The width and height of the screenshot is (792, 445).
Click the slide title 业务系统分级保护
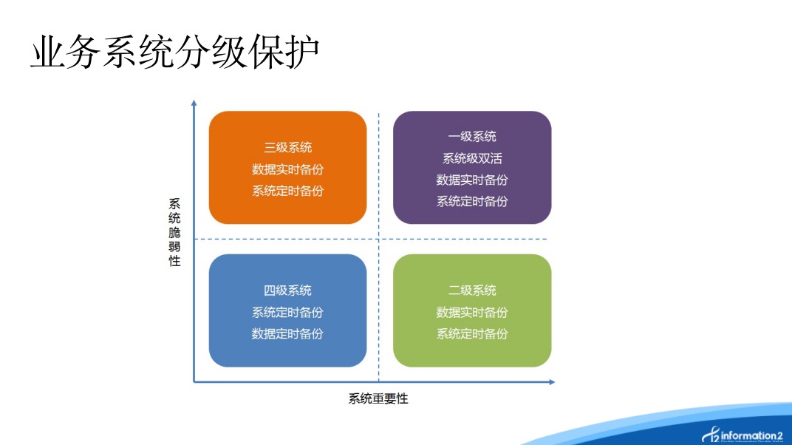point(175,52)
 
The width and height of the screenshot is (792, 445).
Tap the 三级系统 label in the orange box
point(288,148)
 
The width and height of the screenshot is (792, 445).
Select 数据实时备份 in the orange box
point(288,169)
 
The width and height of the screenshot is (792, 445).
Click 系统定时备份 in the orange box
point(288,191)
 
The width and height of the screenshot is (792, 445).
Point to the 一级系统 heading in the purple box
point(472,136)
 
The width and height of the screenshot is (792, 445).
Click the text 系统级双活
point(472,159)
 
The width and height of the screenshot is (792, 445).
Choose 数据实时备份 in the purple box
point(472,180)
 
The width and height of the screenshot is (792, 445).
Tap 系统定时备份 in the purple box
point(472,202)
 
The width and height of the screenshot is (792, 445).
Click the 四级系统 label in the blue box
point(288,291)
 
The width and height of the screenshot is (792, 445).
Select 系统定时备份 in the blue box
point(288,313)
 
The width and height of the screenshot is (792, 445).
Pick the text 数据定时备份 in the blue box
point(288,334)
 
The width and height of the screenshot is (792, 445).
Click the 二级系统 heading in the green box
point(472,291)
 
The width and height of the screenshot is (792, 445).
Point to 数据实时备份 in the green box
point(472,313)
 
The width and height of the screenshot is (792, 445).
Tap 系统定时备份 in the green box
point(472,334)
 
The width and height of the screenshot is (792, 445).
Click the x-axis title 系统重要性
point(378,398)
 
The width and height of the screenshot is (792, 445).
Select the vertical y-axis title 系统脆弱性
point(174,232)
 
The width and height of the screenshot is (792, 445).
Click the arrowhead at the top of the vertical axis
point(194,103)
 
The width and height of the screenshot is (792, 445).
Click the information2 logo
point(742,435)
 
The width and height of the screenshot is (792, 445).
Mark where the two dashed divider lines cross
point(379,239)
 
